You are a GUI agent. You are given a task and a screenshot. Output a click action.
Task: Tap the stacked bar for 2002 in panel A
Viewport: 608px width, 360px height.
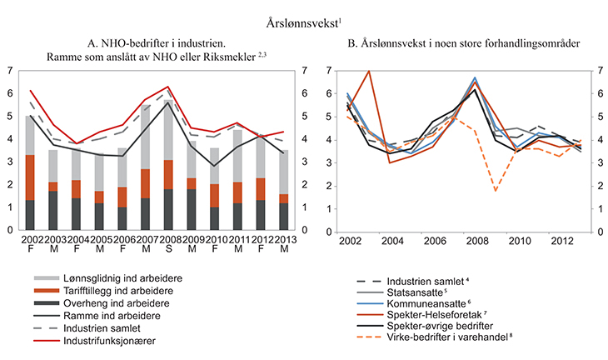pos(30,172)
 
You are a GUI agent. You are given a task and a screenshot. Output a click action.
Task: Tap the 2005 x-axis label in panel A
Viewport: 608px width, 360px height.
pos(98,240)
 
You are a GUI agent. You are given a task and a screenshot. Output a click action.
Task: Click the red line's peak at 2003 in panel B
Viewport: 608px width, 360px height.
pos(368,72)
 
